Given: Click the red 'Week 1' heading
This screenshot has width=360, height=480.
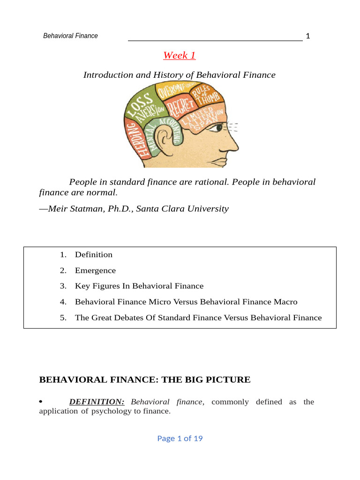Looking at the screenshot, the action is (179, 55).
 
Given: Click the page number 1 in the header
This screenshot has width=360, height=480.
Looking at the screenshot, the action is (308, 36).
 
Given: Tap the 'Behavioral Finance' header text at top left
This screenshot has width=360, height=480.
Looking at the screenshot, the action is (70, 36).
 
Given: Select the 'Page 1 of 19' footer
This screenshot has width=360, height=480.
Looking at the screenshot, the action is (180, 438).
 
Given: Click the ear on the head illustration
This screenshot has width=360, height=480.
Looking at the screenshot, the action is (164, 138).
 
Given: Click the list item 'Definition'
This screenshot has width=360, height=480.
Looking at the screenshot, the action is (94, 255).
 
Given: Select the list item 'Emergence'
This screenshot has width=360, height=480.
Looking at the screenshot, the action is (95, 270).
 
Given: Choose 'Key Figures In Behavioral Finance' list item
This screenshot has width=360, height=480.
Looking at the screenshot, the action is (139, 286).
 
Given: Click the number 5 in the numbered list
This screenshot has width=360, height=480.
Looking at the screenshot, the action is (62, 318).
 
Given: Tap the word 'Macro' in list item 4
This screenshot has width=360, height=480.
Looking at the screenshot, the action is (286, 302).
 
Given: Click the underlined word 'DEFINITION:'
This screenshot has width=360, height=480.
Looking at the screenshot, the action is (97, 402).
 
